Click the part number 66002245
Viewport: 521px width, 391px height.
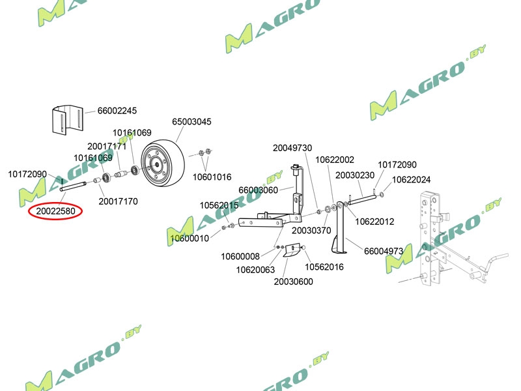pos(118,111)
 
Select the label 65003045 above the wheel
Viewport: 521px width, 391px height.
pos(191,122)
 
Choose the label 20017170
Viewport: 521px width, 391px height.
pos(118,201)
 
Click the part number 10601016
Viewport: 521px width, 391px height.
pos(212,177)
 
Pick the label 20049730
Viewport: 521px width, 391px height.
pos(292,148)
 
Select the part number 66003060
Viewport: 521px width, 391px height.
pos(259,190)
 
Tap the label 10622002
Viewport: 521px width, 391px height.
pos(335,160)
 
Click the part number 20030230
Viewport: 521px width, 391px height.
pos(355,175)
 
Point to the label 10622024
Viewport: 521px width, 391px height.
pos(411,179)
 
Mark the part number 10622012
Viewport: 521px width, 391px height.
pos(374,222)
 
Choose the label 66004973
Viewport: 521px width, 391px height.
pos(384,251)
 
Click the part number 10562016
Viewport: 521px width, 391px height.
pos(324,267)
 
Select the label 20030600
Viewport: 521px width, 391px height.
pos(293,282)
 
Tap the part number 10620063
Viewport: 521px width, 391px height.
pos(255,270)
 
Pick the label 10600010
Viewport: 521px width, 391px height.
pos(190,239)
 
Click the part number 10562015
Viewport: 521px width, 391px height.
pos(219,205)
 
